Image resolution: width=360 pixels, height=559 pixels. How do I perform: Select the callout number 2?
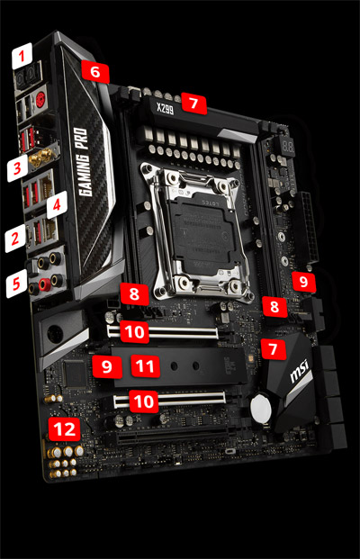click(x=13, y=239)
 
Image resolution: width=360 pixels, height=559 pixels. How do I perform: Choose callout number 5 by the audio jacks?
click(x=15, y=286)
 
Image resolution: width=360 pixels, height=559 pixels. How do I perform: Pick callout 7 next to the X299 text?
click(x=192, y=103)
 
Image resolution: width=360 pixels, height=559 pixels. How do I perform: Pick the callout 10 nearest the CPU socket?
click(x=135, y=332)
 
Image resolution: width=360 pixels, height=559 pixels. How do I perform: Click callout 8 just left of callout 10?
click(x=134, y=293)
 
